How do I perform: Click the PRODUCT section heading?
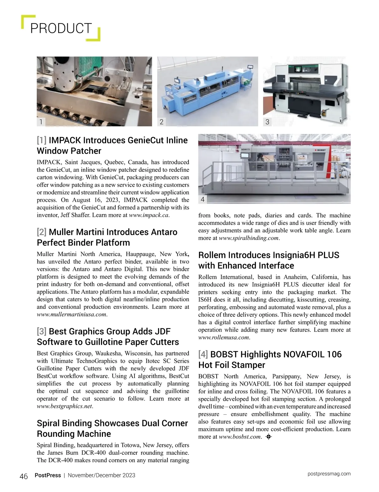pyautogui.click(x=61, y=28)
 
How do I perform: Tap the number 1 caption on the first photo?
pyautogui.click(x=41, y=122)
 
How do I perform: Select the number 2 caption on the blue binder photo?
pyautogui.click(x=161, y=122)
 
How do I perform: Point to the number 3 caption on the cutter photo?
pyautogui.click(x=267, y=122)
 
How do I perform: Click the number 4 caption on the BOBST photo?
pyautogui.click(x=202, y=199)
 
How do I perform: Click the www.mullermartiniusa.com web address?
pyautogui.click(x=71, y=315)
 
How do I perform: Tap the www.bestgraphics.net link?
pyautogui.click(x=64, y=406)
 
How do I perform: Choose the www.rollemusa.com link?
pyautogui.click(x=224, y=338)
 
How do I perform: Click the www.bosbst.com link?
pyautogui.click(x=240, y=437)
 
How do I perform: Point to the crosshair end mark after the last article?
pyautogui.click(x=269, y=437)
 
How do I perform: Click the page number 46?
pyautogui.click(x=24, y=476)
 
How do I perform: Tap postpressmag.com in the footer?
pyautogui.click(x=329, y=474)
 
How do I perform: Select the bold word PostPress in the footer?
pyautogui.click(x=48, y=475)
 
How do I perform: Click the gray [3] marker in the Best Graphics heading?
pyautogui.click(x=42, y=331)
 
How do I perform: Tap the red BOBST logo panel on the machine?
pyautogui.click(x=320, y=150)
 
